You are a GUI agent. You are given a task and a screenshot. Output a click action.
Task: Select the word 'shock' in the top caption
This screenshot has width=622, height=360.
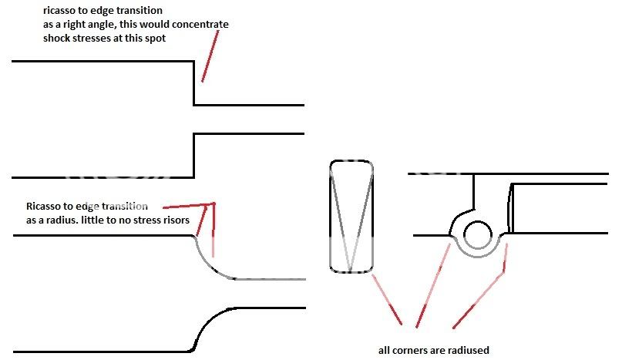[61, 38]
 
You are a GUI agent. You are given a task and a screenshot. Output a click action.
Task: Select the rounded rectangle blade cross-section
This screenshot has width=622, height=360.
[351, 217]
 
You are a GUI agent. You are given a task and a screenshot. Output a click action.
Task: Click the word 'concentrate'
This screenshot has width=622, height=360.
[202, 25]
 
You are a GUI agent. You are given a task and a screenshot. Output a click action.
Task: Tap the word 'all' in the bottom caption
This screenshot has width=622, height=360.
[385, 350]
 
